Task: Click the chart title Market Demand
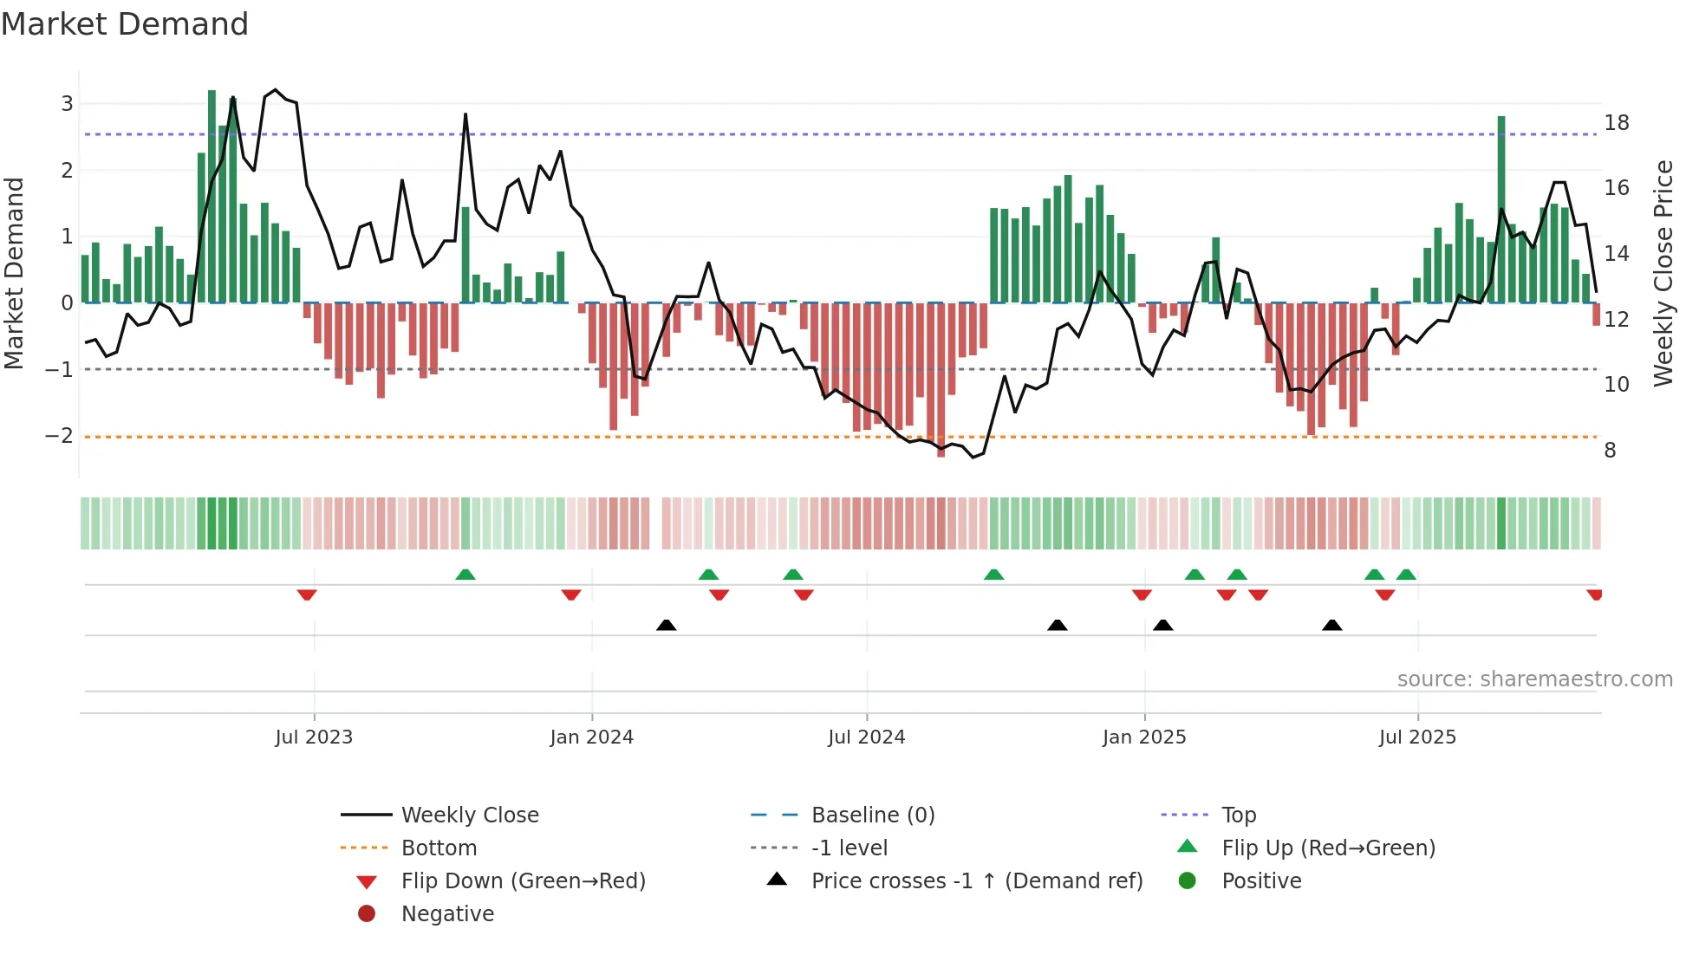[x=125, y=24]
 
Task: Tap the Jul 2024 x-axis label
[x=866, y=737]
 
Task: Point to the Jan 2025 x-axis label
[x=1144, y=737]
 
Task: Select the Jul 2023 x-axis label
[x=314, y=737]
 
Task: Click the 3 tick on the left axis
[x=67, y=104]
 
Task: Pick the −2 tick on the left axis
[x=60, y=436]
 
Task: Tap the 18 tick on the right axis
[x=1616, y=123]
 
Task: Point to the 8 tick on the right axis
[x=1610, y=451]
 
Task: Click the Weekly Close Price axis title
[x=1663, y=273]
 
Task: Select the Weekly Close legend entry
[x=469, y=815]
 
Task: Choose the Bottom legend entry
[x=439, y=848]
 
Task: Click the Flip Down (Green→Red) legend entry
[x=523, y=881]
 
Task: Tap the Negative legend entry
[x=447, y=914]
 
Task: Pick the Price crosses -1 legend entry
[x=976, y=881]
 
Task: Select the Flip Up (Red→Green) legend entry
[x=1328, y=848]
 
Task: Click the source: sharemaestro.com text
[x=1534, y=679]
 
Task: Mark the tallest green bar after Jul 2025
[x=1501, y=208]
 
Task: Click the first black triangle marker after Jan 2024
[x=666, y=625]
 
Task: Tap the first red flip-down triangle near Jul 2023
[x=307, y=594]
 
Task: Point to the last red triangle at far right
[x=1594, y=594]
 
